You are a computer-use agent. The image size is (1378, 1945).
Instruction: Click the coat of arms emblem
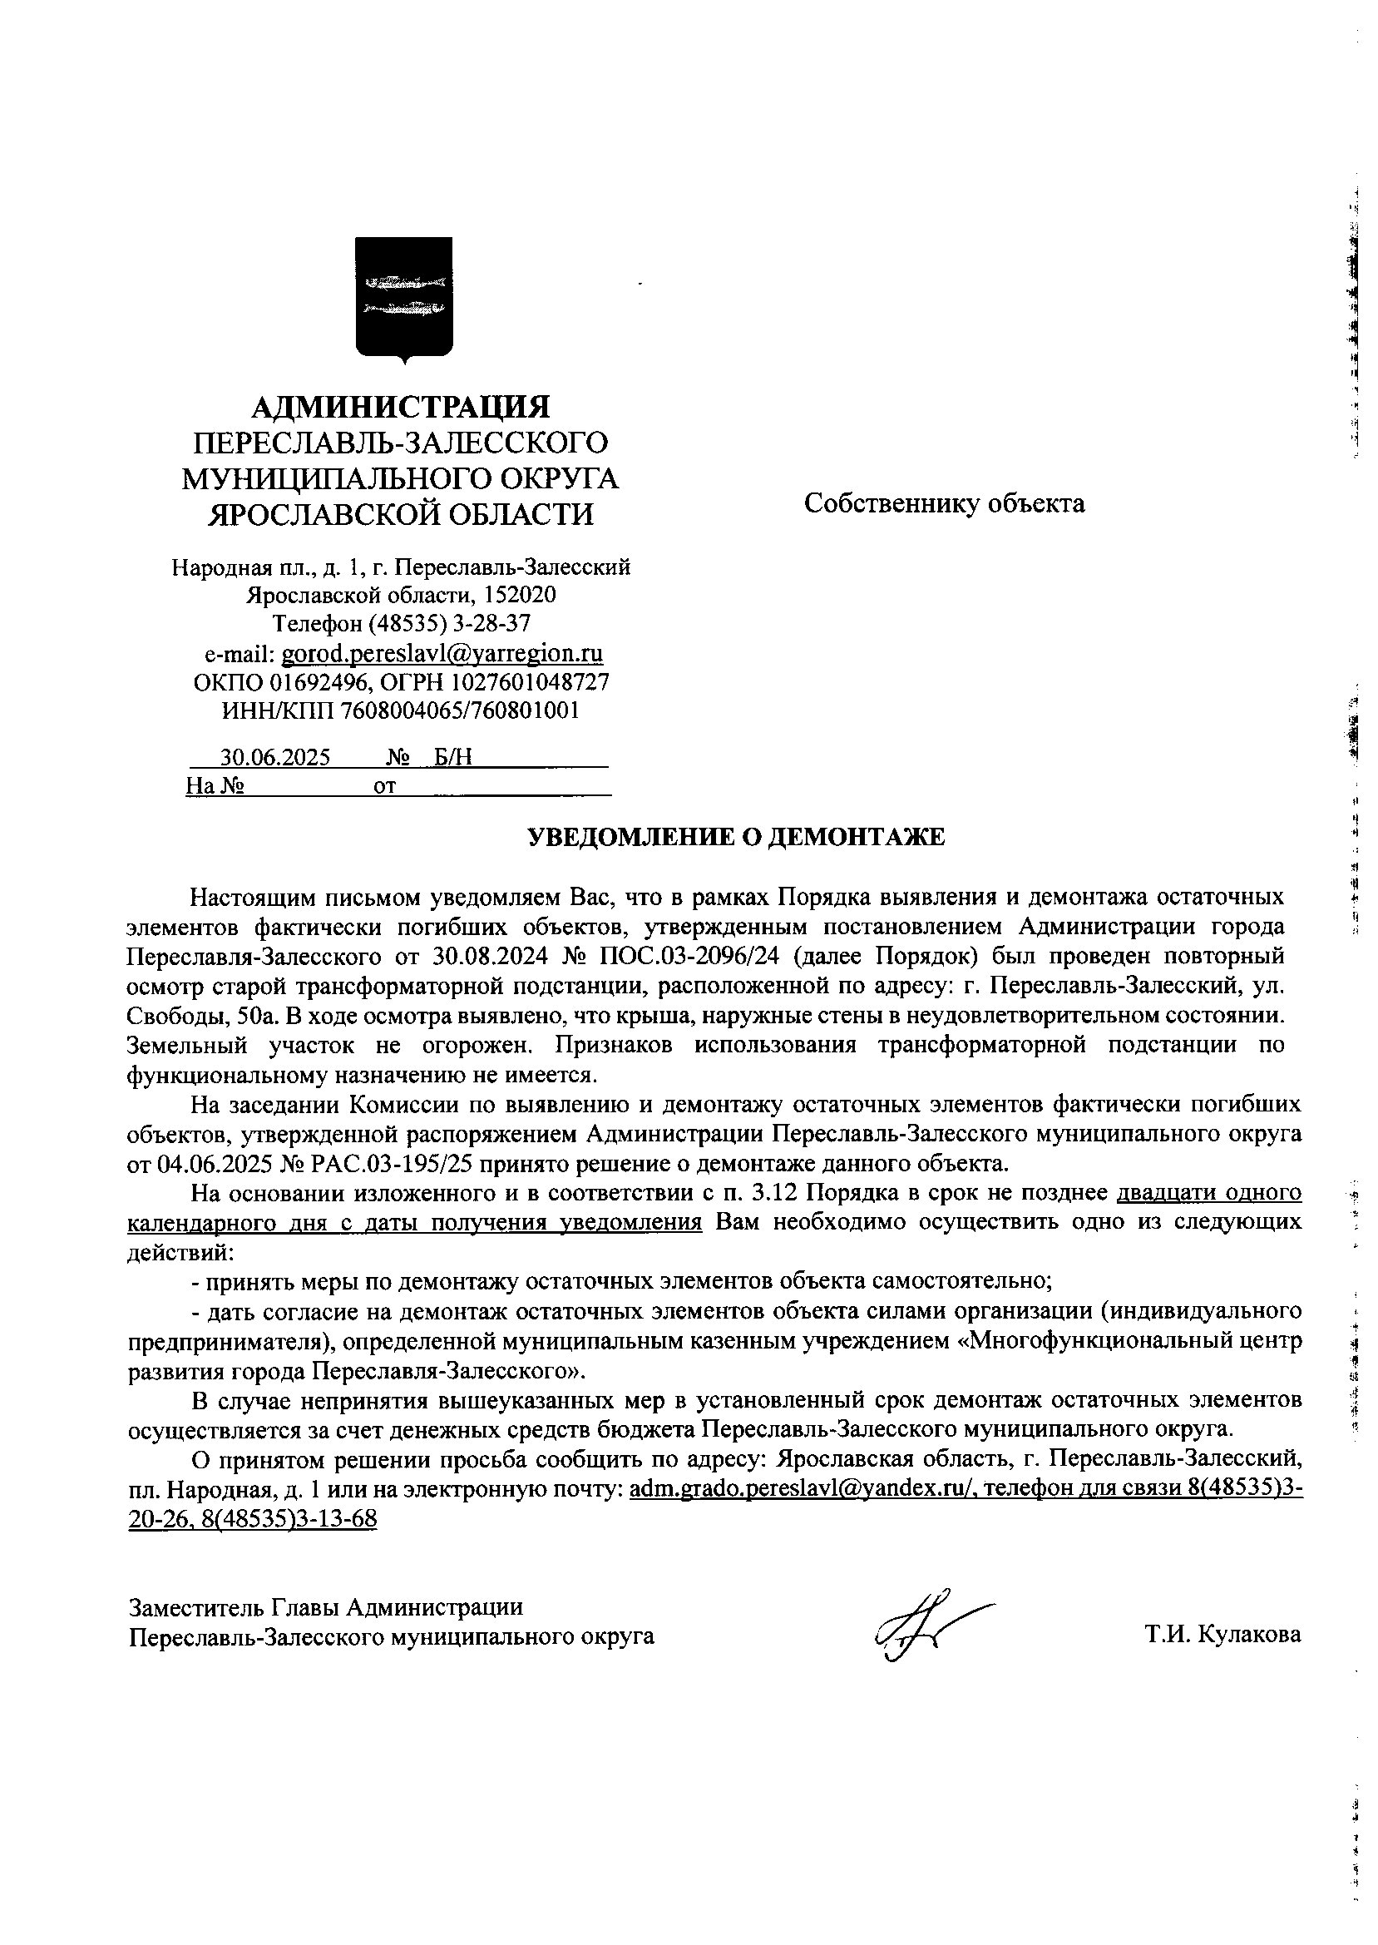click(x=403, y=299)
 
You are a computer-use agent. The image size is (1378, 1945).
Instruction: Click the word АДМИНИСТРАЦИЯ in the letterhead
click(x=401, y=407)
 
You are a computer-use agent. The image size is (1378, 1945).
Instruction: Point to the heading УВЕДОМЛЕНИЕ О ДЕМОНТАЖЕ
click(x=736, y=838)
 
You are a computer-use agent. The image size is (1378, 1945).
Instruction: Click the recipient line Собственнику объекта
click(x=945, y=503)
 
